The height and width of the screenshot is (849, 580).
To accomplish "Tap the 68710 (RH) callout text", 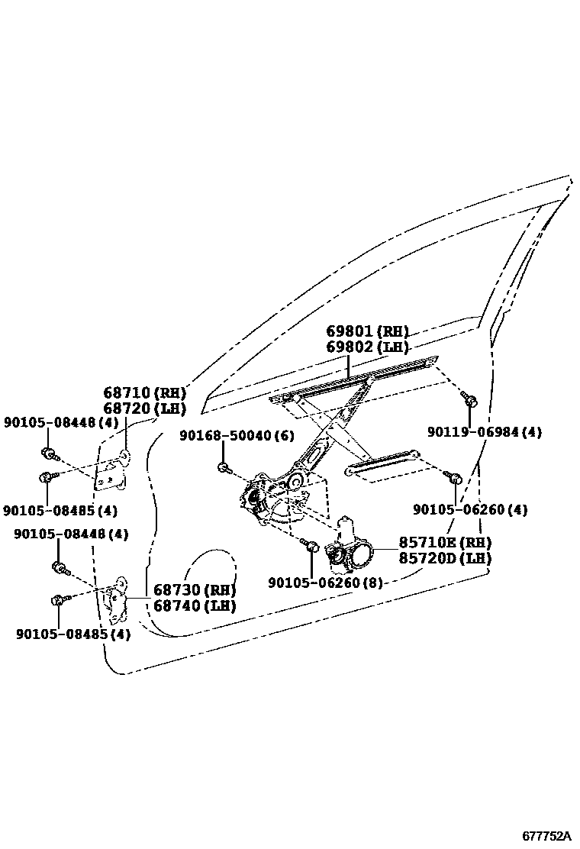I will tap(145, 392).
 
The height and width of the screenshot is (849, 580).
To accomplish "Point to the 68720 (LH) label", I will tap(145, 408).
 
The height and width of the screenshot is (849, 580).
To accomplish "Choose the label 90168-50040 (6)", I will tap(237, 435).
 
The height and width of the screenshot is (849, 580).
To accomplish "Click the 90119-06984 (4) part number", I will tap(484, 432).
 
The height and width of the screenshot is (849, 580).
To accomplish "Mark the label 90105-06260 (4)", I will tap(470, 509).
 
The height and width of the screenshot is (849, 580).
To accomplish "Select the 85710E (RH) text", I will tap(445, 543).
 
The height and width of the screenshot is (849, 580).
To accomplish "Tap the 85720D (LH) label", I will tap(445, 558).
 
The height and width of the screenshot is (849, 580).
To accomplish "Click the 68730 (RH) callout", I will tap(194, 589).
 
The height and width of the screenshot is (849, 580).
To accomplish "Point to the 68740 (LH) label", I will tap(194, 605).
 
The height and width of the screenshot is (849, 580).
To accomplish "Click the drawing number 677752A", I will tap(546, 837).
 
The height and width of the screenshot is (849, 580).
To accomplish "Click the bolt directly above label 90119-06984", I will tap(469, 399).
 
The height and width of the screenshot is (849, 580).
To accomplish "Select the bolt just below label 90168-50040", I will tap(224, 467).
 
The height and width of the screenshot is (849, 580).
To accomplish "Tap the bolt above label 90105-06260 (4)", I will tap(454, 479).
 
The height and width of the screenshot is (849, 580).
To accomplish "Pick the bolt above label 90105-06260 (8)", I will tap(311, 546).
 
